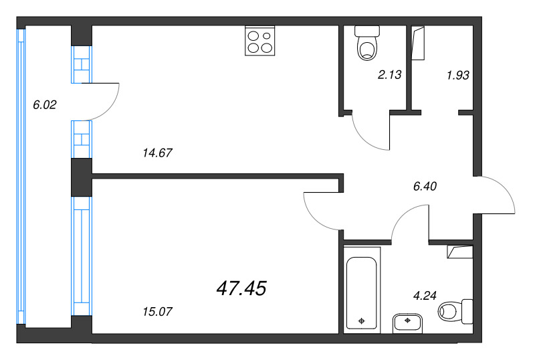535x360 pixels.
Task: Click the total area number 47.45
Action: point(241,288)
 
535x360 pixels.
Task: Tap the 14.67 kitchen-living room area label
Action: point(158,153)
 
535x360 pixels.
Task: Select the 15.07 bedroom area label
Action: point(158,311)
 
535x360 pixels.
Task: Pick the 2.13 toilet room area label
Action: point(389,75)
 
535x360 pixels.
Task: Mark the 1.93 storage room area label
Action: point(458,75)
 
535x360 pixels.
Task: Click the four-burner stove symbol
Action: point(260,40)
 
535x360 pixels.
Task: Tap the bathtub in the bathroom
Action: point(362,288)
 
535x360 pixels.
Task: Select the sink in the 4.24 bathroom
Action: point(407,322)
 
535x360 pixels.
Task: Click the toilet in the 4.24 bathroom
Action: point(456,310)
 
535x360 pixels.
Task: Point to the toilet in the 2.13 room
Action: point(366,43)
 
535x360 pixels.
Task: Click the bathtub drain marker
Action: point(362,321)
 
